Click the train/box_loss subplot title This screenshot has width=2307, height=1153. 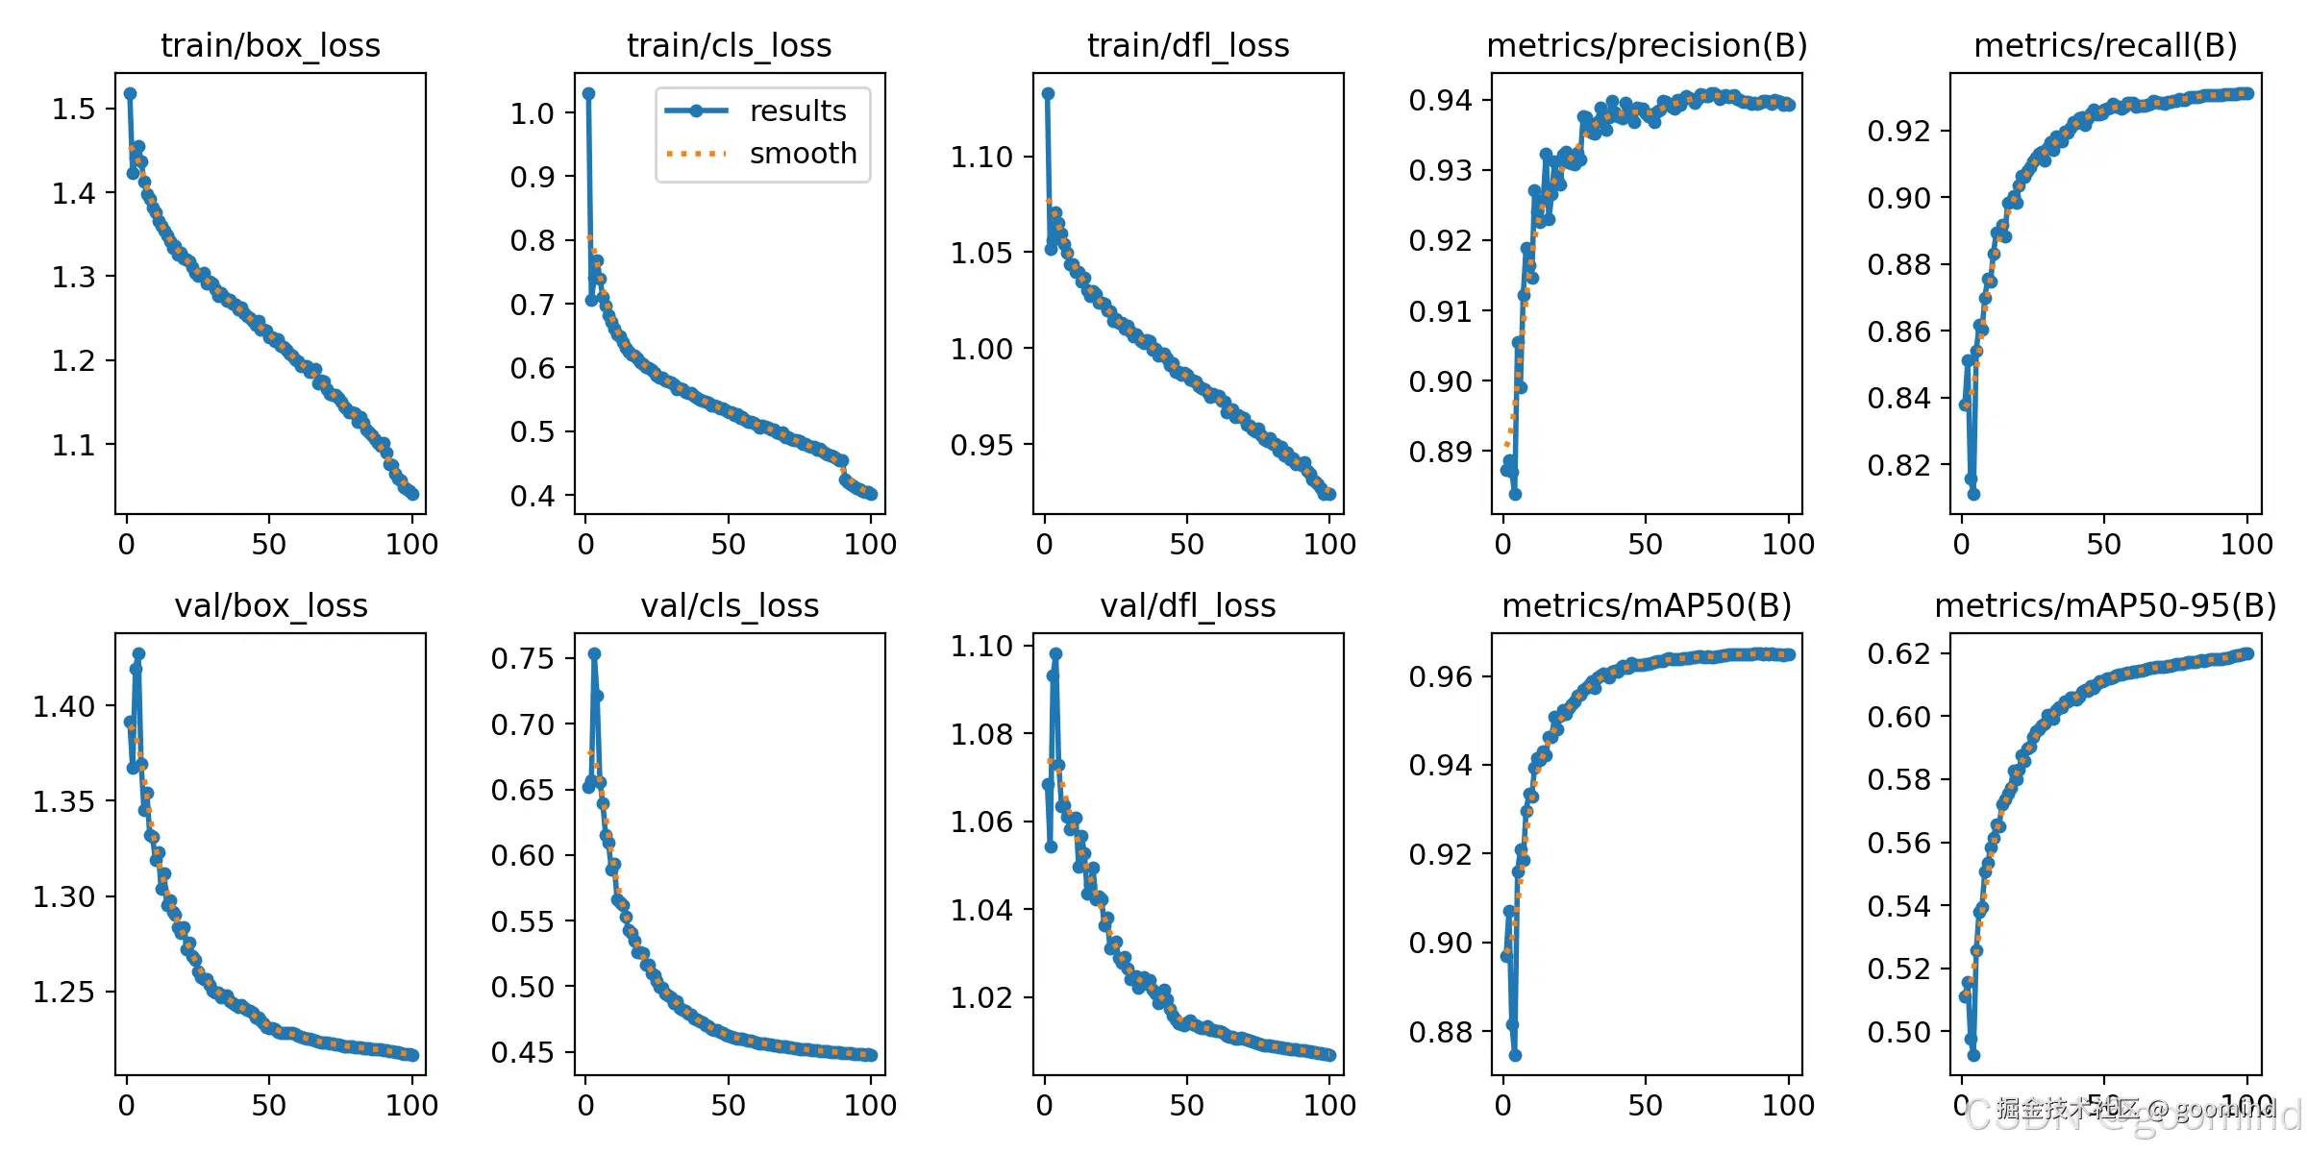[270, 45]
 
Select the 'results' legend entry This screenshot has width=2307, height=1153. [798, 110]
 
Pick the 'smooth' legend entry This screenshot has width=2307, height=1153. [803, 153]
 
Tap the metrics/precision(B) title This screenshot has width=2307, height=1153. [1647, 45]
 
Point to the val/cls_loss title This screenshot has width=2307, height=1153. [730, 605]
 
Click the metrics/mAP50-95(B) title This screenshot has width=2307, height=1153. [2105, 605]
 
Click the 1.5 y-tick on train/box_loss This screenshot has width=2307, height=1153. [74, 109]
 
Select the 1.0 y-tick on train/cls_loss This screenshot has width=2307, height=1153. [533, 113]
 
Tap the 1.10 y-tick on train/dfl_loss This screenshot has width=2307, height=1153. [981, 157]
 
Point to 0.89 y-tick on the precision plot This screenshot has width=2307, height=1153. [1440, 452]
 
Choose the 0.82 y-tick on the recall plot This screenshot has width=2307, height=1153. [1898, 465]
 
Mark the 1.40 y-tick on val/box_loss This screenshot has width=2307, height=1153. [64, 706]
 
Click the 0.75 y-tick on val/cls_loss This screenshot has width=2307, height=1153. [523, 658]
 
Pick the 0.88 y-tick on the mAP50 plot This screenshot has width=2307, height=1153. [1440, 1032]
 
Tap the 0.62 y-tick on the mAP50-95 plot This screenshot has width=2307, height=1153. [1898, 653]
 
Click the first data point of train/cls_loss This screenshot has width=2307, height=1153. [589, 93]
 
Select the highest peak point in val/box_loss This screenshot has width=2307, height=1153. [138, 653]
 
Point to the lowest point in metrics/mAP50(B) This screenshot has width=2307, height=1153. [1515, 1055]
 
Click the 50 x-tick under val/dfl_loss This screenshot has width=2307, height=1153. [1187, 1106]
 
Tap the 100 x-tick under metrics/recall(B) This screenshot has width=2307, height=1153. [2246, 545]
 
